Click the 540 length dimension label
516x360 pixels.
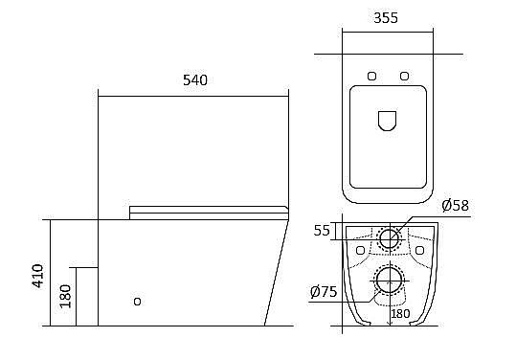tap(195, 80)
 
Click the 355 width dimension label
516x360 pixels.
tap(386, 18)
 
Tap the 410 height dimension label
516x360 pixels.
tap(38, 276)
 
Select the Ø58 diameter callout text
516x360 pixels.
tap(456, 206)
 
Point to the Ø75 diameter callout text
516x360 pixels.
tap(324, 292)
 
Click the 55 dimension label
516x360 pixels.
tap(322, 231)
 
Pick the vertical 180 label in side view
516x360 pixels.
tap(65, 296)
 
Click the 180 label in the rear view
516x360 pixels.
tap(400, 314)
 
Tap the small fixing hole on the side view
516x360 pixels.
tap(138, 302)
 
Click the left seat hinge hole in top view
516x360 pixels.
tap(371, 76)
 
